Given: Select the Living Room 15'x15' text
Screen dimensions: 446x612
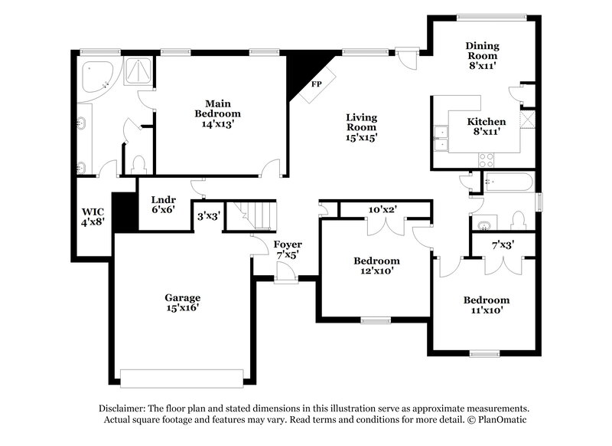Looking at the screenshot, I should click(362, 128).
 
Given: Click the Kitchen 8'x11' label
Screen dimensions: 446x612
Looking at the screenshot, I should click(487, 126).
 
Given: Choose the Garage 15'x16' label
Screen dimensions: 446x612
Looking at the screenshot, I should click(182, 302).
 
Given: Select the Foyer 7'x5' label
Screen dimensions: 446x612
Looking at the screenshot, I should click(288, 249).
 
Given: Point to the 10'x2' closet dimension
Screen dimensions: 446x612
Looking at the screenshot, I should click(382, 209).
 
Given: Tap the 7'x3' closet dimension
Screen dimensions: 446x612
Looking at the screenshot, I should click(502, 245).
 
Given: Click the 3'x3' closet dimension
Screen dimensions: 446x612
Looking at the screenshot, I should click(209, 216).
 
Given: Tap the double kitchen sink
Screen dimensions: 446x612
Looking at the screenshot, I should click(441, 140).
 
